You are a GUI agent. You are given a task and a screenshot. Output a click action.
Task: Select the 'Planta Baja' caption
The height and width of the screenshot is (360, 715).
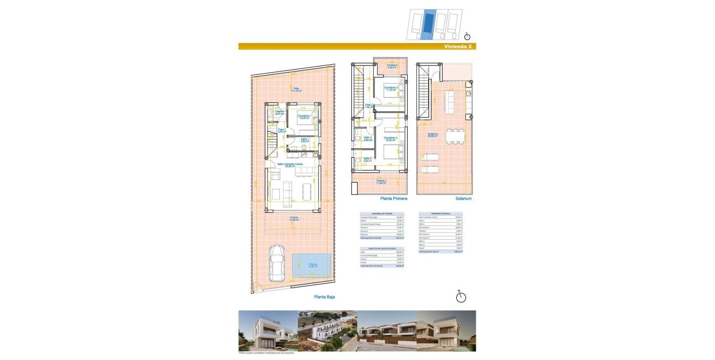point(325,297)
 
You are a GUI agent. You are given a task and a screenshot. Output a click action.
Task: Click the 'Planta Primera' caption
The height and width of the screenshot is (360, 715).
point(394,198)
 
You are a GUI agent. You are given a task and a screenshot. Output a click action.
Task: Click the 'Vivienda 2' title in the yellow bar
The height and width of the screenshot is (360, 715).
point(457,47)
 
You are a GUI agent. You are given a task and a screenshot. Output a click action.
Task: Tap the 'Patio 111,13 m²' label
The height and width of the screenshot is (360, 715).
point(297,90)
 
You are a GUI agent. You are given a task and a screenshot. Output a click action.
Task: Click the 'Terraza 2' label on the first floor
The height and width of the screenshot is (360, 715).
point(392,66)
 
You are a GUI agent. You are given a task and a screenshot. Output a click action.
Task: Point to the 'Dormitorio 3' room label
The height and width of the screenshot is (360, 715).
point(392,89)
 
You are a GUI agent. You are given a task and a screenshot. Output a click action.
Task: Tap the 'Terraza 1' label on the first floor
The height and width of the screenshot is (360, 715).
point(381,182)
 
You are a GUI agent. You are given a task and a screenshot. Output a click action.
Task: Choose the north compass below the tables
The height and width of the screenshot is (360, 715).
point(460,297)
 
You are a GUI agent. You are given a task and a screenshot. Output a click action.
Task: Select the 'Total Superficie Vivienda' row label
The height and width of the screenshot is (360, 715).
point(372,238)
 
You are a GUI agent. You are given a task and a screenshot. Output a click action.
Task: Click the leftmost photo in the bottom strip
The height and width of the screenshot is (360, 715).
point(268,331)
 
